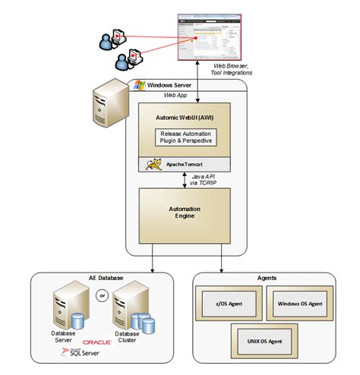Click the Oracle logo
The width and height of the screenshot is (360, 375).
[96, 342]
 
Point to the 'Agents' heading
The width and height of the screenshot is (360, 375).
[265, 279]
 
